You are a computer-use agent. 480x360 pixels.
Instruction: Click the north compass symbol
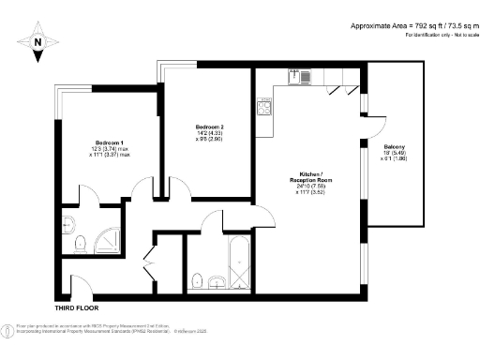coord(37,41)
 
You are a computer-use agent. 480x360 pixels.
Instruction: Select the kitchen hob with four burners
coord(265,106)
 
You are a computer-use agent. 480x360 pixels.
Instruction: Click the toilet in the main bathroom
coord(196,280)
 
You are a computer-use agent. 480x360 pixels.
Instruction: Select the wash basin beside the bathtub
coord(217,281)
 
